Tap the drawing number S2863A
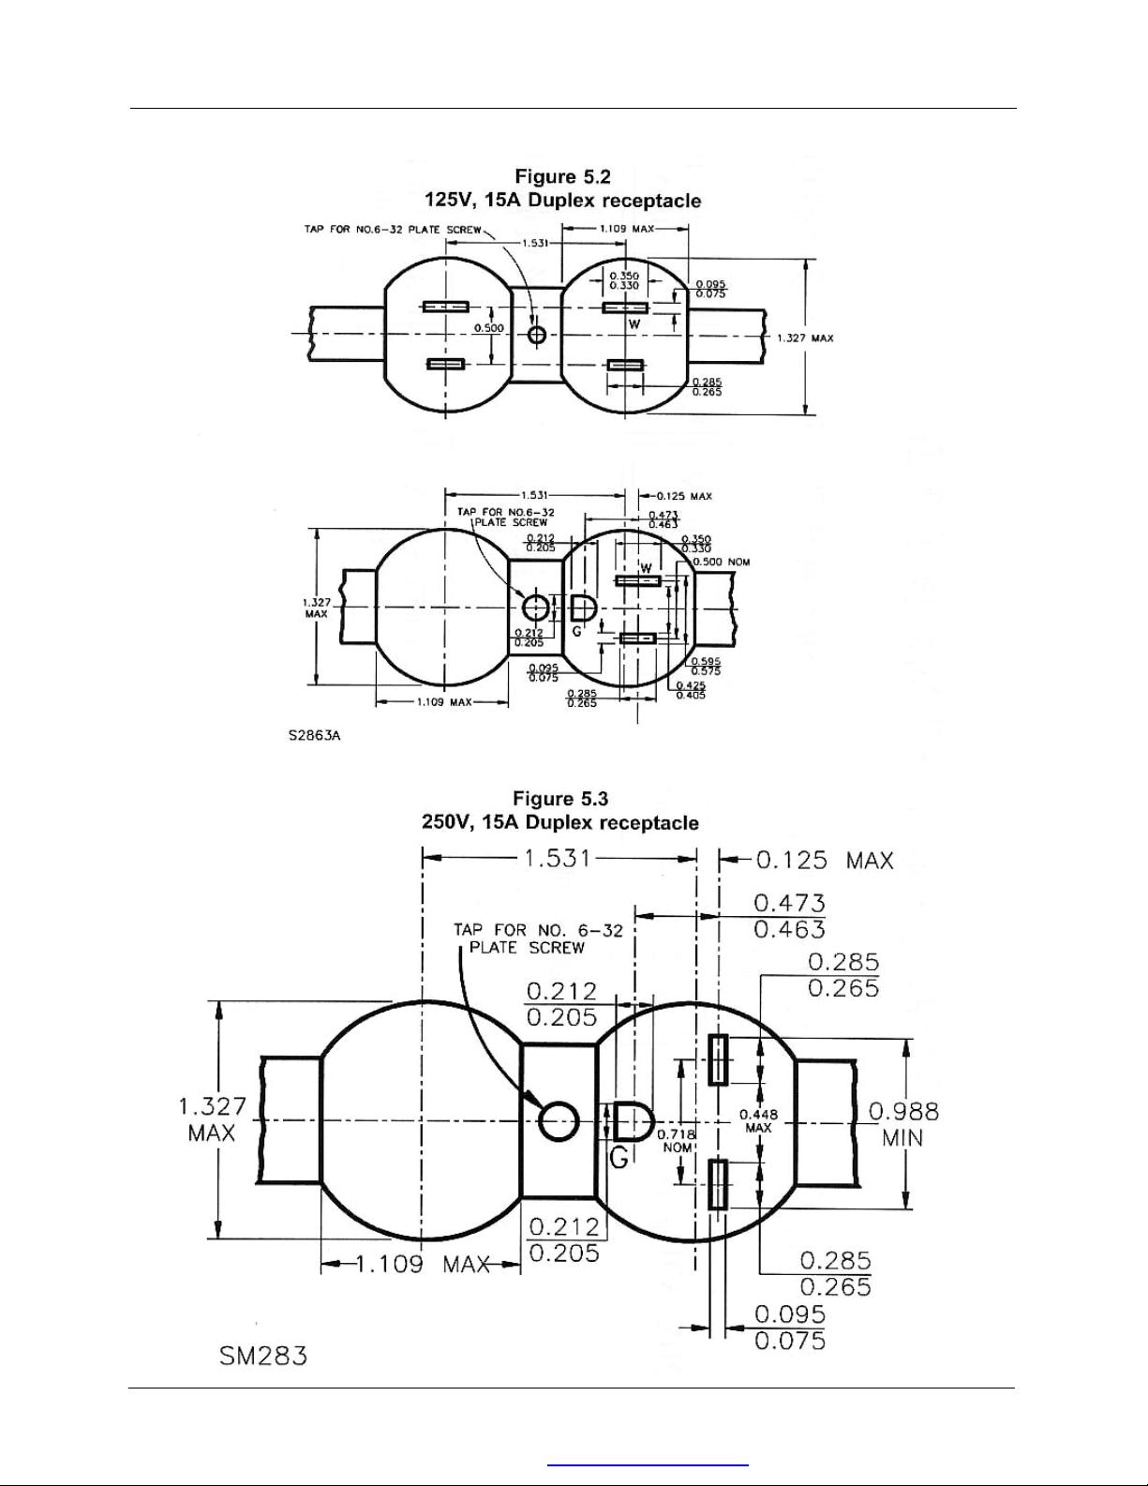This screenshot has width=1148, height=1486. [314, 736]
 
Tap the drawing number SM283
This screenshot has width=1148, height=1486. [263, 1355]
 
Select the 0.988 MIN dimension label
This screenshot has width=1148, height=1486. [903, 1124]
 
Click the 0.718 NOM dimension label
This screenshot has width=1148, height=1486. [676, 1141]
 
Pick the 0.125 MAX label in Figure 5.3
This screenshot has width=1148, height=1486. [824, 860]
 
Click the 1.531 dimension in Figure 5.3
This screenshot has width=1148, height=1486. [557, 857]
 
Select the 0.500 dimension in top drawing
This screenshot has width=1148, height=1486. [488, 328]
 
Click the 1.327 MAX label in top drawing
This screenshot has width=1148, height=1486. [804, 338]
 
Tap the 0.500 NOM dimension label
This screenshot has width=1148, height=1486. [721, 562]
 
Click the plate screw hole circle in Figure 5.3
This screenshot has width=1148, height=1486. [559, 1120]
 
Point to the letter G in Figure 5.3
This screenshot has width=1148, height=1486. [619, 1159]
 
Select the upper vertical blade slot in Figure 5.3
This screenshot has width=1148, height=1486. [718, 1059]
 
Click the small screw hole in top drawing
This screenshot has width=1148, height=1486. [537, 335]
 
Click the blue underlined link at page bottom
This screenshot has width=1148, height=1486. [648, 1463]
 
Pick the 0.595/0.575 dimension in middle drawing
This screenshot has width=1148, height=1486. [706, 666]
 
